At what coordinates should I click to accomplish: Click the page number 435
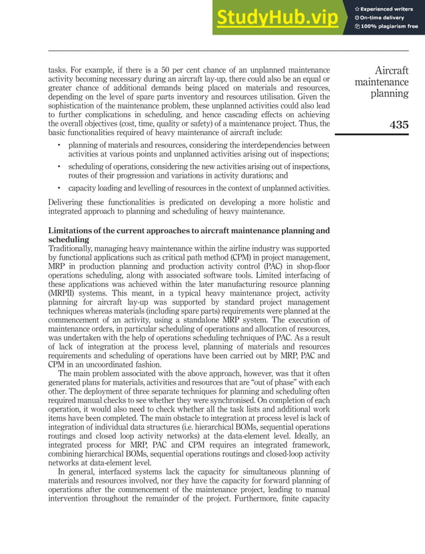[398, 124]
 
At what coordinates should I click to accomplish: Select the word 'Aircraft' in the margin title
[391, 71]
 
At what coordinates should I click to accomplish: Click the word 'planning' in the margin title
[390, 94]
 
